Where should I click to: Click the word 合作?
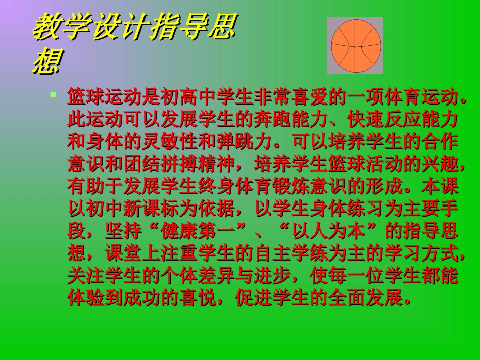click(440, 142)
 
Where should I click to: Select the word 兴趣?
click(440, 165)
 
